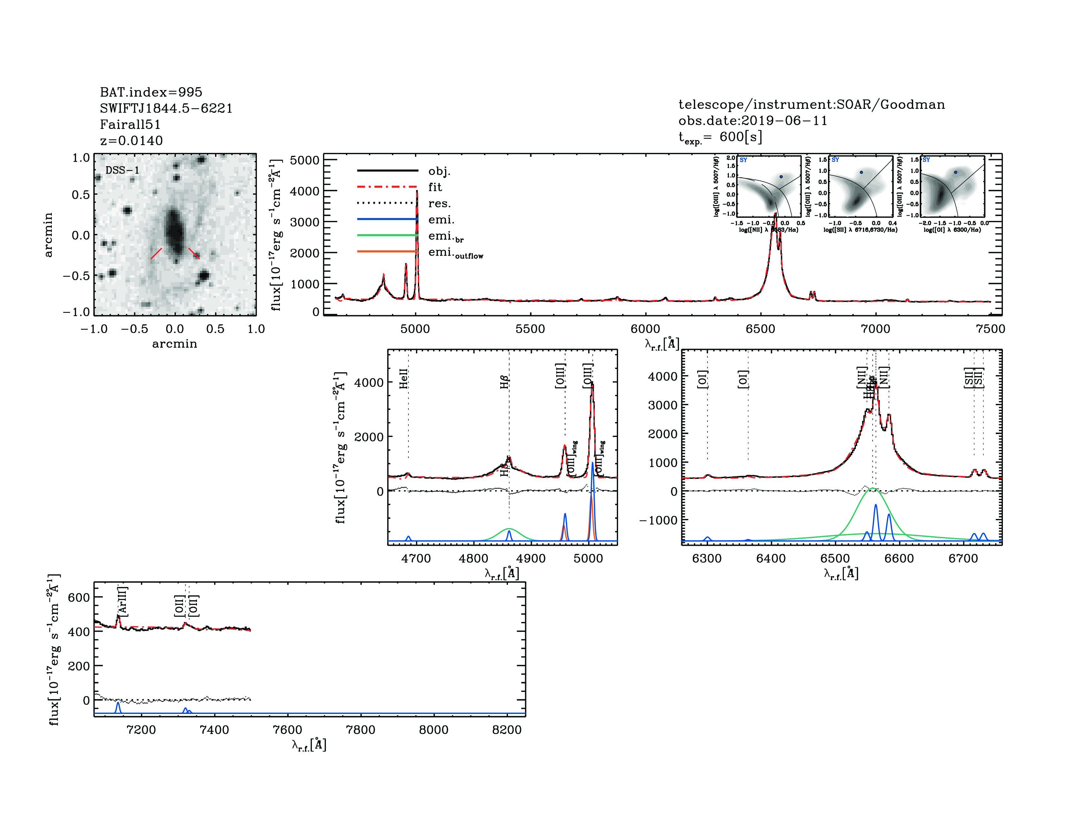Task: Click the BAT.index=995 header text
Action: pos(151,92)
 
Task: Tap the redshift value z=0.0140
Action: pos(131,141)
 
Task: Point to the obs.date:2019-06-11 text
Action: pos(752,120)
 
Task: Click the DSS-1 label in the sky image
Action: pos(122,170)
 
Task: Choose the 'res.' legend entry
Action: pos(439,203)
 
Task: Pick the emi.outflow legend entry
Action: pos(455,253)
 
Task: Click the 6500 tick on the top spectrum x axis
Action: pos(760,329)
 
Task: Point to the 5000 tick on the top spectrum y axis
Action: pos(305,160)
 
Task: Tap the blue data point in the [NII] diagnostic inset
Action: pos(781,177)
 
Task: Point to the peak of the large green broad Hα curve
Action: pos(874,488)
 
